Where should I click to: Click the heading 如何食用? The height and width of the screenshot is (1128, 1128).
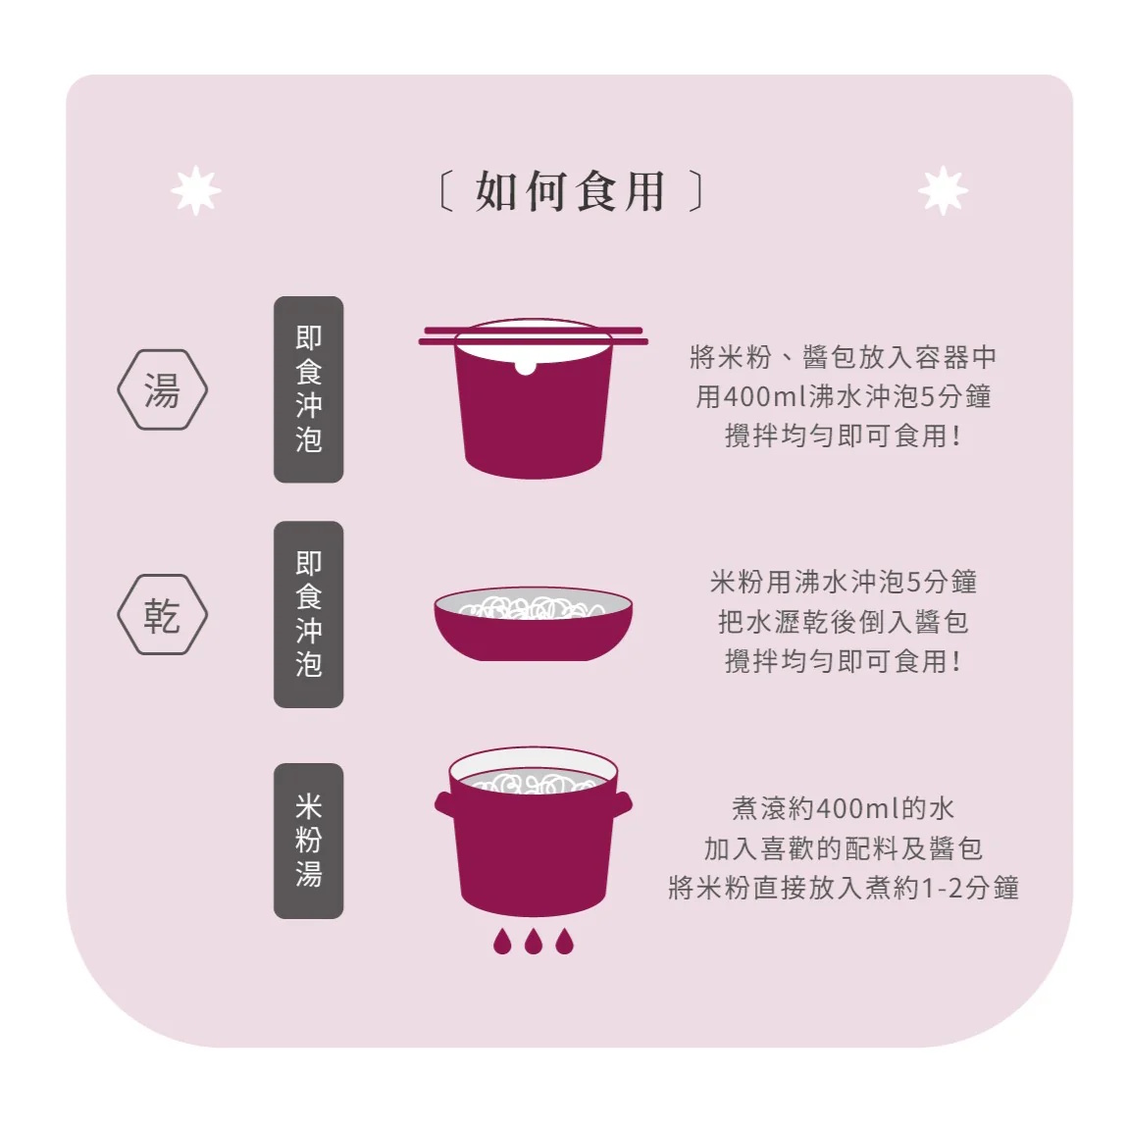(x=570, y=191)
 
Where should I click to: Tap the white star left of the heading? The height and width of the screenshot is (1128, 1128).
(x=195, y=190)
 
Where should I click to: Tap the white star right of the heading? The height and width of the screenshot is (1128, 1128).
(x=944, y=190)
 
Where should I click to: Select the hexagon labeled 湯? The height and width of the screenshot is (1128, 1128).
(x=163, y=389)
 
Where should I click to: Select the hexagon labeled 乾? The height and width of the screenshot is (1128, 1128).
(x=163, y=614)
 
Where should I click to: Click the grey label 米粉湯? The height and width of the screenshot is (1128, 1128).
(x=309, y=841)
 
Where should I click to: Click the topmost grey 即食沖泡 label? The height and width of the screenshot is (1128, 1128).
(x=309, y=389)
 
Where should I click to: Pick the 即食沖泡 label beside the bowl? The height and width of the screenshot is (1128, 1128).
(x=309, y=614)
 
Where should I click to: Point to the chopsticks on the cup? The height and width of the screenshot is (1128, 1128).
(x=533, y=336)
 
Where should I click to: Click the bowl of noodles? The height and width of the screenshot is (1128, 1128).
(x=533, y=623)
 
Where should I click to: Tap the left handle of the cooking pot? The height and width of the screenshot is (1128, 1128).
(x=444, y=804)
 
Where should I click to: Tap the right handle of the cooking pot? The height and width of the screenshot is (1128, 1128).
(x=623, y=804)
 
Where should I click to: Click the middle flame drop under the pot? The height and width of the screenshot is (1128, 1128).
(x=533, y=941)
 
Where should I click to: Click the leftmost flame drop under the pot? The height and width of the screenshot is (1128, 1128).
(x=502, y=941)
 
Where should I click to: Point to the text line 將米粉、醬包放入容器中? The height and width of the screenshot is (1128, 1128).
(x=844, y=357)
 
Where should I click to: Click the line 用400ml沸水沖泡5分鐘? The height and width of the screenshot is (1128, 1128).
(x=844, y=396)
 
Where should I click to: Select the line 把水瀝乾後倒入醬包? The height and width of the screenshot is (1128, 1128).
(x=844, y=622)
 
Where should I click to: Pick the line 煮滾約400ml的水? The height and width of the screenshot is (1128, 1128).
(x=844, y=808)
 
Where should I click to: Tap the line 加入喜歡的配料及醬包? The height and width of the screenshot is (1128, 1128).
(x=844, y=848)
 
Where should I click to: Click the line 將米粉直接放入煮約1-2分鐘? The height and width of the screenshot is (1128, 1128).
(x=844, y=888)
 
